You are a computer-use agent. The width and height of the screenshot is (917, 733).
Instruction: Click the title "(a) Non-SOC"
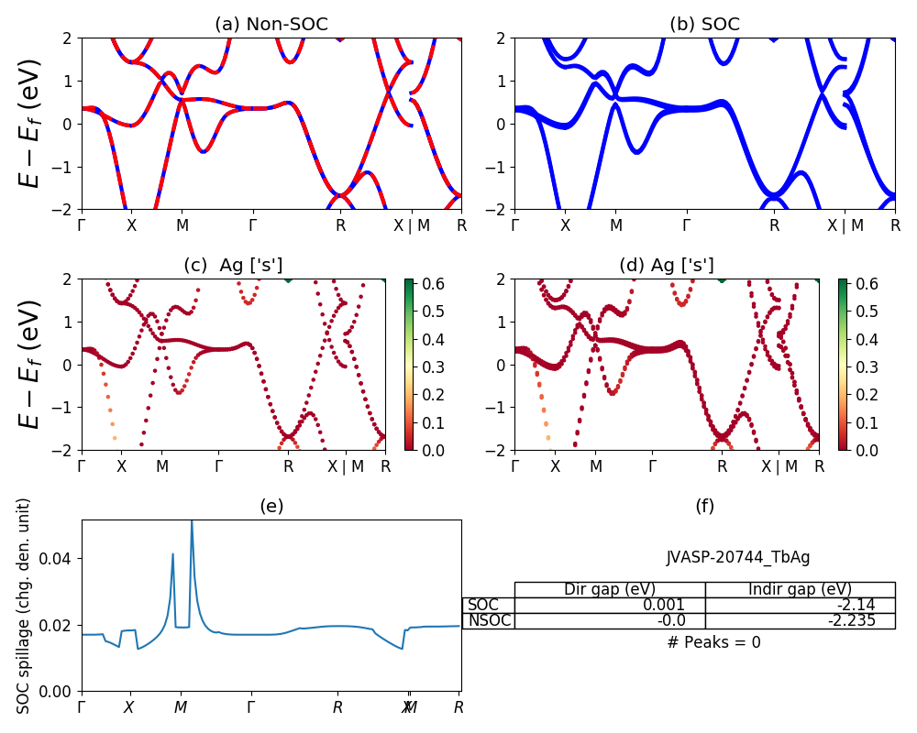[x=271, y=24]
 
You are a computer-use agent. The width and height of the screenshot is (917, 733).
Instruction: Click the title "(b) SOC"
[x=704, y=24]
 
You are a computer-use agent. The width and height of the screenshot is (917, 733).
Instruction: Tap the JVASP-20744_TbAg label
[x=737, y=557]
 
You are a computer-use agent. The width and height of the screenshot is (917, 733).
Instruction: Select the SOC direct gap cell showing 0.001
[x=610, y=605]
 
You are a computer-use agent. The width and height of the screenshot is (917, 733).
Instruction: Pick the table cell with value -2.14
[x=800, y=605]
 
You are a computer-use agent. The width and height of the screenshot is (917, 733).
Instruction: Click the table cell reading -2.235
[x=800, y=620]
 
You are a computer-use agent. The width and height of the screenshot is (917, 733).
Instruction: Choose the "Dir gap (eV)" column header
[x=610, y=589]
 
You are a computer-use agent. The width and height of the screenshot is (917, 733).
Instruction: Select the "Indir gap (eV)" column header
[x=800, y=589]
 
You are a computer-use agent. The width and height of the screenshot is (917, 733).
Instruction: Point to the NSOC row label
[x=488, y=620]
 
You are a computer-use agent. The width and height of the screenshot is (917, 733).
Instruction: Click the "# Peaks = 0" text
[x=713, y=642]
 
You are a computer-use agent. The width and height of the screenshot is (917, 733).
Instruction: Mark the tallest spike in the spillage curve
[x=192, y=522]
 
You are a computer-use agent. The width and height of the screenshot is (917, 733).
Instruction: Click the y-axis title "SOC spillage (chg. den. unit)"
[x=24, y=605]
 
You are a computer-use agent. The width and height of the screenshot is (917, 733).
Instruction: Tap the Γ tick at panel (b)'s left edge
[x=514, y=225]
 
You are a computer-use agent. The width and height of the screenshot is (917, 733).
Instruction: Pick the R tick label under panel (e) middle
[x=337, y=707]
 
